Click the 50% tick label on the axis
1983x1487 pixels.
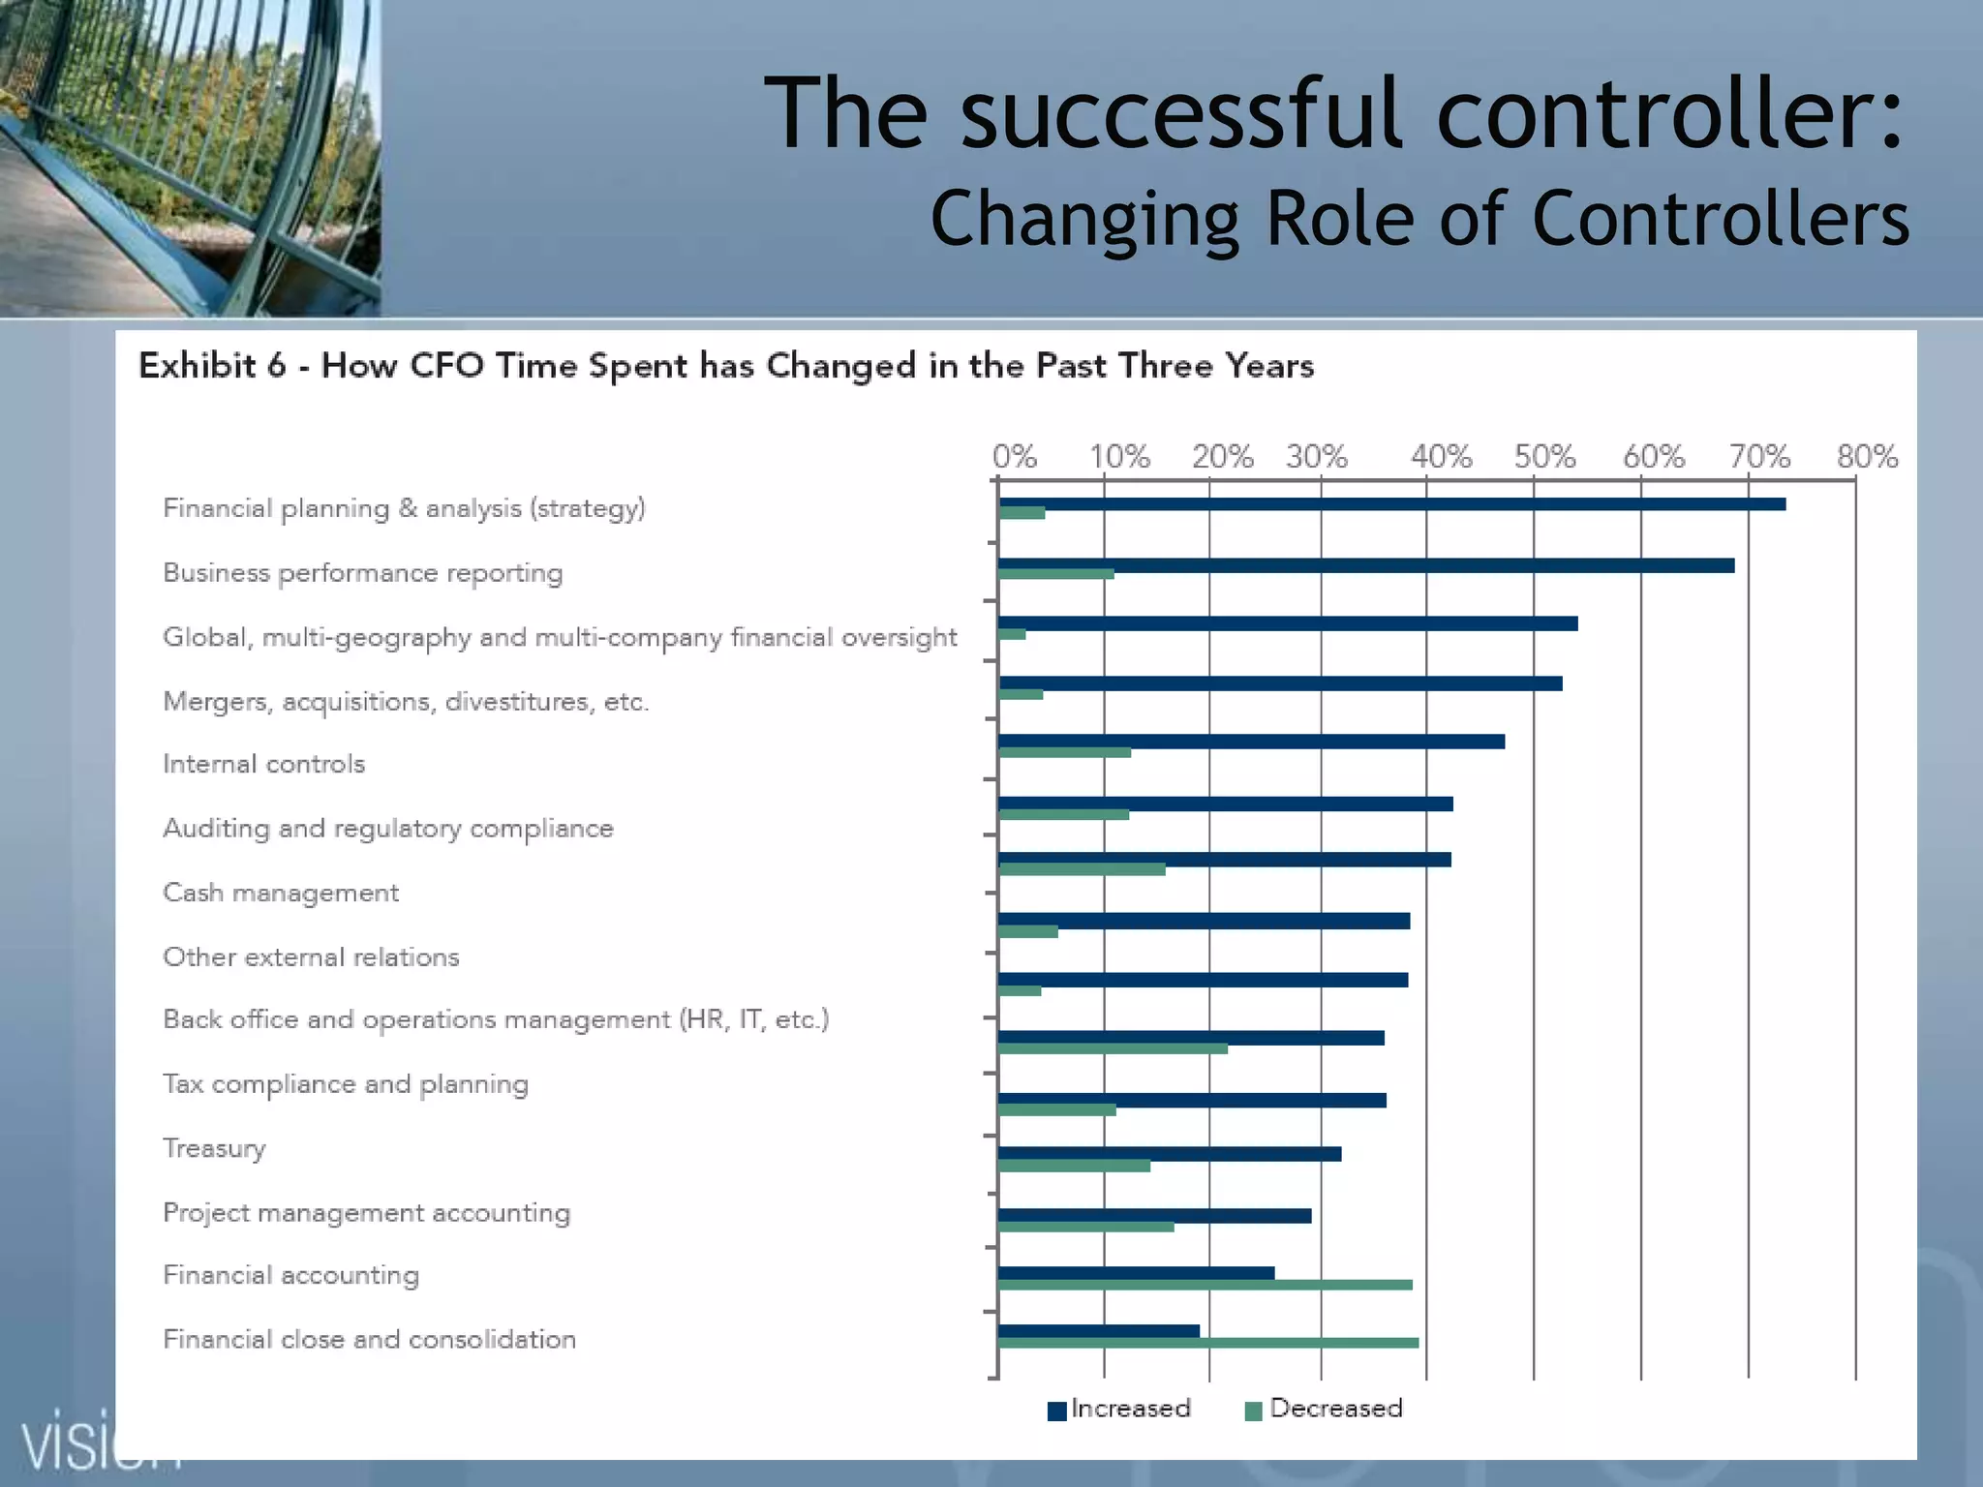point(1544,456)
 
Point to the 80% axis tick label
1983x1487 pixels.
point(1867,456)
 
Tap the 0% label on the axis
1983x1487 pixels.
point(1015,456)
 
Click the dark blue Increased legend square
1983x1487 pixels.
point(1056,1411)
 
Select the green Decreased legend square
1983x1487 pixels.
point(1253,1411)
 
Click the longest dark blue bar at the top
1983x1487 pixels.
point(1391,503)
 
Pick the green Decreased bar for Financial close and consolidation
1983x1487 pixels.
point(1207,1343)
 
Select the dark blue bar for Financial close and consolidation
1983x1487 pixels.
point(1098,1331)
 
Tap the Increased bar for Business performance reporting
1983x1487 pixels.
point(1365,565)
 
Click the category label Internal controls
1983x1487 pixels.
point(263,764)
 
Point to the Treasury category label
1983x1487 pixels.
point(214,1148)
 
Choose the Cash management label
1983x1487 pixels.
point(281,893)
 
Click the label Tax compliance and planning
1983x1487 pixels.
point(346,1084)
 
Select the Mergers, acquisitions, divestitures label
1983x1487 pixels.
point(406,701)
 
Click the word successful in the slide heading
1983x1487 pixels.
point(1182,114)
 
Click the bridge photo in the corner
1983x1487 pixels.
point(190,157)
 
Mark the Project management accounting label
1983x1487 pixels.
point(366,1213)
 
